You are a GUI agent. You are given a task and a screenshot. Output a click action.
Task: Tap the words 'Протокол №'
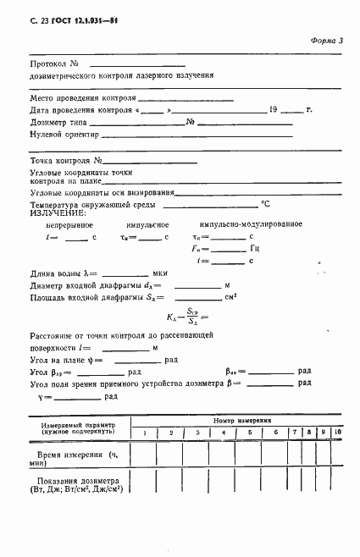click(x=55, y=64)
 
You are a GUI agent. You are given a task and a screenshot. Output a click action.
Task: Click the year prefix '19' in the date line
click(x=273, y=110)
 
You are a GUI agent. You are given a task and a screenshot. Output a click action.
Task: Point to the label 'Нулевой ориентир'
click(x=64, y=134)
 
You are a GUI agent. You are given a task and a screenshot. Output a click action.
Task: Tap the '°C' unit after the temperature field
click(x=265, y=204)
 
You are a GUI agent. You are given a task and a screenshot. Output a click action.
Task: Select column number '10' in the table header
click(x=336, y=433)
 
